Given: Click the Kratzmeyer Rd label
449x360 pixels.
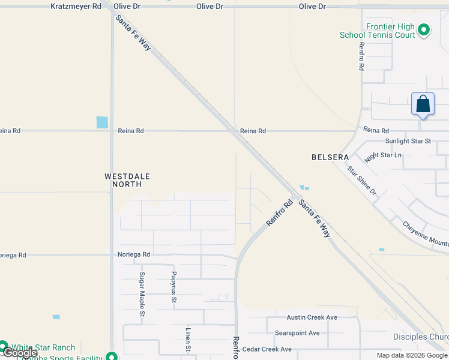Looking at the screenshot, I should tap(76, 6).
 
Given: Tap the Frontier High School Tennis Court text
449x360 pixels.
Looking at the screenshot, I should tap(378, 31).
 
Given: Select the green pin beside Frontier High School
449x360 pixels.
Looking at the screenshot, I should tap(424, 29).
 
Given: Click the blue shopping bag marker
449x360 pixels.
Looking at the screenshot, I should tap(423, 104).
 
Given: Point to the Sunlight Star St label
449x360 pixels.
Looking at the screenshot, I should tap(408, 141).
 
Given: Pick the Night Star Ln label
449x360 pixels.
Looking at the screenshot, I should tap(383, 157).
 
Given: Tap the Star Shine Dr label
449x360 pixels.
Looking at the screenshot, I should tap(362, 180).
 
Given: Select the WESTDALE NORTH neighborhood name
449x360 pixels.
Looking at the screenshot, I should tap(127, 180).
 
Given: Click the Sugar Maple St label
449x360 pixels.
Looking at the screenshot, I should tap(142, 294).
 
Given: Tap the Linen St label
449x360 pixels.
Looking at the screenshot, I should tap(187, 340).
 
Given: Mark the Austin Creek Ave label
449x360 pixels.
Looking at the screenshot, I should tap(312, 317).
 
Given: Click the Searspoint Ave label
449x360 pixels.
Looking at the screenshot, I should tap(297, 333).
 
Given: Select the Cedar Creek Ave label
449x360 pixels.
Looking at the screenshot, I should tap(267, 349).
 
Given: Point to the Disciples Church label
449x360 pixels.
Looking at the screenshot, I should tap(420, 337).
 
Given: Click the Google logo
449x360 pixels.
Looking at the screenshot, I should tap(20, 353).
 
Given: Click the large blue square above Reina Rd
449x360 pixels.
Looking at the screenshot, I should tap(103, 122).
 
